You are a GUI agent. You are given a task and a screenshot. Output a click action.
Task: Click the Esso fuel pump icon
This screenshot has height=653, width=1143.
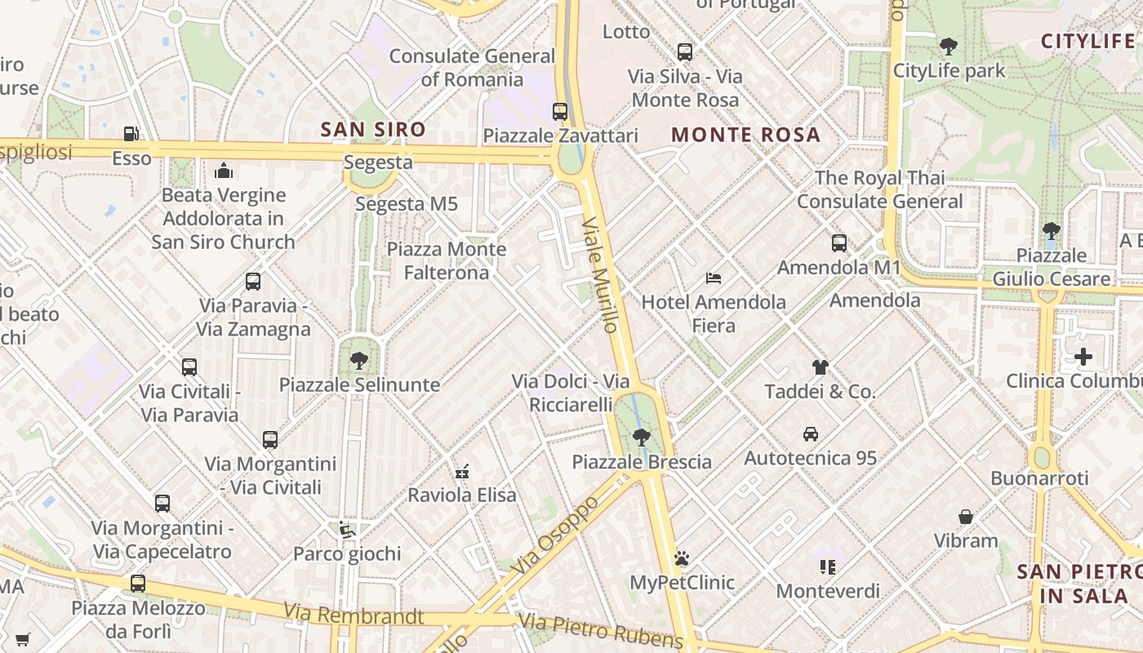point(131,134)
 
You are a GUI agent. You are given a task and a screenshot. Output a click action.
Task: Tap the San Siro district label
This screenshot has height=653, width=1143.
point(373,129)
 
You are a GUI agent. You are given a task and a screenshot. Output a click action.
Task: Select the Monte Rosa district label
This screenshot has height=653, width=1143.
point(745,135)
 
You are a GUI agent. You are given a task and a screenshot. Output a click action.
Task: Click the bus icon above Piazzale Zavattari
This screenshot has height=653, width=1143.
point(559,112)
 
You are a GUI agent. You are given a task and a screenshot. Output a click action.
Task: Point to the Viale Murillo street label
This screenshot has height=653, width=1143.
point(600,274)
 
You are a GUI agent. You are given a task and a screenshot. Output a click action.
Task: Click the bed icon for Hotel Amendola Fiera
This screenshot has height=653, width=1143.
point(714,278)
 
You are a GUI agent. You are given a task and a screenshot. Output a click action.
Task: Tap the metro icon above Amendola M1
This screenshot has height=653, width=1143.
point(838,243)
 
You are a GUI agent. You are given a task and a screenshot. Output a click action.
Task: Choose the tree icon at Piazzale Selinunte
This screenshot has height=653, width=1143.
point(358,360)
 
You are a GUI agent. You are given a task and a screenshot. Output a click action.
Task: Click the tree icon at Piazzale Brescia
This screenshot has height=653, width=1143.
point(642,438)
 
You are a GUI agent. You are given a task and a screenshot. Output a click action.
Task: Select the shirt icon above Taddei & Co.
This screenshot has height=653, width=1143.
point(821,367)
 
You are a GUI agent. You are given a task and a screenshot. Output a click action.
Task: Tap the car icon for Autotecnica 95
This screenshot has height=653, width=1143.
point(810,433)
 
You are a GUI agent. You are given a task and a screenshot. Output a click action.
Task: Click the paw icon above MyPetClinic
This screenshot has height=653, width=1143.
point(682,558)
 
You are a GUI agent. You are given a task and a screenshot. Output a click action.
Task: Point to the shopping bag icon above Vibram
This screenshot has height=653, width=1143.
point(966,517)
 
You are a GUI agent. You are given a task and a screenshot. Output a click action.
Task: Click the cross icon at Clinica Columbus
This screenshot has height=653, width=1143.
point(1083,357)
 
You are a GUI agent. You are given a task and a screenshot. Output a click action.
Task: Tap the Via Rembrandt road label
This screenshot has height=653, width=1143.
point(354,614)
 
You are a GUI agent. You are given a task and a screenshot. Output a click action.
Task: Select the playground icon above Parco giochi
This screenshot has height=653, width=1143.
point(347,530)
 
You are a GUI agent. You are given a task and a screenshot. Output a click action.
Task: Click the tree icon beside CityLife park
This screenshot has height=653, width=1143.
point(948,47)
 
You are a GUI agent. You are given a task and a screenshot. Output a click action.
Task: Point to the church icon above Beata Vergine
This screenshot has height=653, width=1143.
point(224,171)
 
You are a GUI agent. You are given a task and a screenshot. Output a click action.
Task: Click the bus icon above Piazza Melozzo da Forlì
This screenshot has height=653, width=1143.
point(138,584)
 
